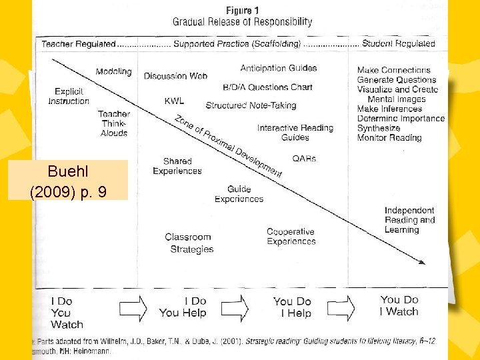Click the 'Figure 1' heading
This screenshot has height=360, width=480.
click(x=239, y=11)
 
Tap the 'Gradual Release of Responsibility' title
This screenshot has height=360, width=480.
click(x=241, y=22)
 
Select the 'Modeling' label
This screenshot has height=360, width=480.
click(x=113, y=72)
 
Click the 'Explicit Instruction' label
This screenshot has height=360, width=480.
click(x=68, y=96)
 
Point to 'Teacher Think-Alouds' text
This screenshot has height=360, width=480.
click(x=114, y=123)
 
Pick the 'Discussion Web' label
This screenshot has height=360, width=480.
click(x=175, y=76)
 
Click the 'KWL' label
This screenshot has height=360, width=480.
click(x=174, y=101)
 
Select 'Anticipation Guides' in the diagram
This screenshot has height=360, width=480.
click(x=279, y=68)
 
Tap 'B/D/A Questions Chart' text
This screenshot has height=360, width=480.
click(x=267, y=87)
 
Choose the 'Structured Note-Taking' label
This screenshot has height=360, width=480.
click(x=251, y=105)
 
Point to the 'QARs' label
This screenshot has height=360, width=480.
click(x=304, y=159)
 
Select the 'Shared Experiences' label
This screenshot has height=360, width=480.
click(x=177, y=166)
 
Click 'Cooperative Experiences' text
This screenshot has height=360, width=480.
click(x=291, y=237)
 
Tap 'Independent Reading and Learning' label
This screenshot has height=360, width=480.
click(x=409, y=220)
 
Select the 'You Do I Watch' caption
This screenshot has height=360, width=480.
click(x=399, y=306)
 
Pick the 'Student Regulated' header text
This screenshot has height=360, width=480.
click(x=397, y=44)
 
